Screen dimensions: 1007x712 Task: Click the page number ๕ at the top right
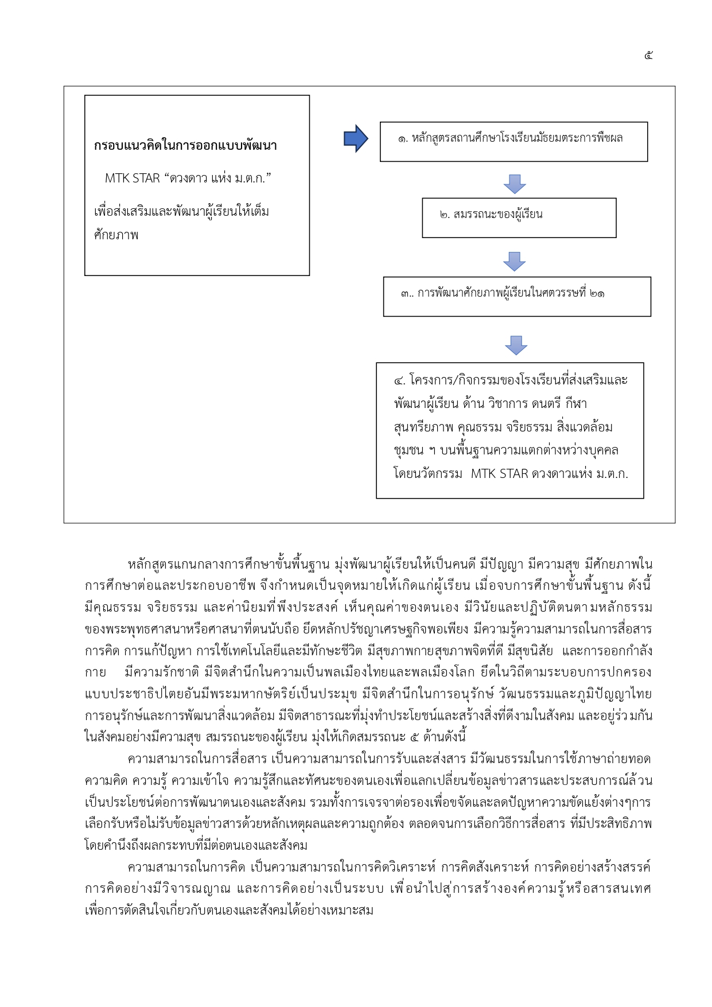(x=648, y=56)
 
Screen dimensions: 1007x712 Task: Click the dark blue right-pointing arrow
(x=356, y=138)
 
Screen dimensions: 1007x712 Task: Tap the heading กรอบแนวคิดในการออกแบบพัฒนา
(x=185, y=146)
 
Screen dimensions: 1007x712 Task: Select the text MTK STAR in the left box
(x=132, y=178)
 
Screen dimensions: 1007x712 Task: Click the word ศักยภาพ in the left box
(x=116, y=235)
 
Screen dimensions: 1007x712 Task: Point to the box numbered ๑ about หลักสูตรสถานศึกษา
(x=513, y=141)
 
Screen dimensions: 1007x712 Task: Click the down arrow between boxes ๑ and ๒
(x=515, y=184)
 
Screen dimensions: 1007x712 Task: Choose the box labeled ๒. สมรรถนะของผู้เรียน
(x=519, y=217)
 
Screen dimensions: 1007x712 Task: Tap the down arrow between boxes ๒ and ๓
(x=515, y=261)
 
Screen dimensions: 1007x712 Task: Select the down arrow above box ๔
(x=516, y=345)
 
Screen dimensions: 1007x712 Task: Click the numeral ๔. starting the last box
(x=399, y=380)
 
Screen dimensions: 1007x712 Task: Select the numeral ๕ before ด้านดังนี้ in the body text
(x=414, y=737)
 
